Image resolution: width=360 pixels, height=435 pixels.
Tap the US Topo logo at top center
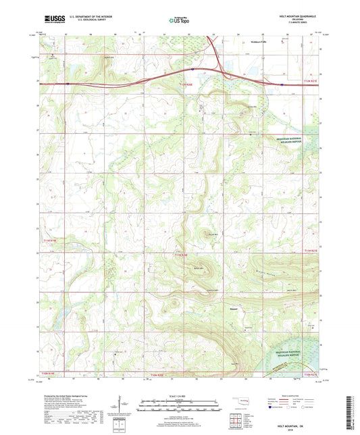pos(180,21)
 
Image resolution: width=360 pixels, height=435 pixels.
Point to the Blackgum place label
pos(231,313)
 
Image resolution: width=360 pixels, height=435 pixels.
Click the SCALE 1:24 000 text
pos(179,396)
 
